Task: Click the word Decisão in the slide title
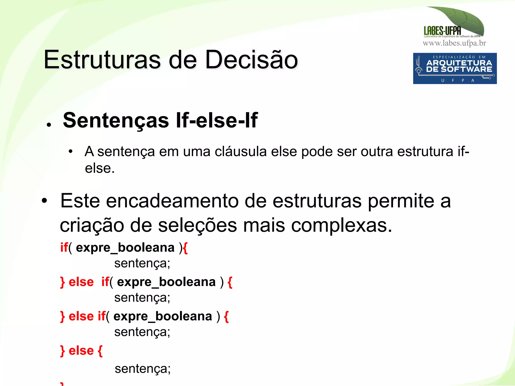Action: point(251,60)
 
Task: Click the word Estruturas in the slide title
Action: point(102,60)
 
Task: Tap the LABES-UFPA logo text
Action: point(442,31)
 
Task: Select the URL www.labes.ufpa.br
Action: point(454,43)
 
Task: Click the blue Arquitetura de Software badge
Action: point(455,68)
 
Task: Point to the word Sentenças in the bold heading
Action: point(116,121)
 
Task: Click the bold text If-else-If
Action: point(217,121)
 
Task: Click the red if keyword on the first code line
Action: point(64,248)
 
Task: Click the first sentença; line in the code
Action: point(142,263)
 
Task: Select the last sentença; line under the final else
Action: point(143,369)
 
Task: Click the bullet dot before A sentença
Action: point(71,151)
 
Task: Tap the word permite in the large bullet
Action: point(401,201)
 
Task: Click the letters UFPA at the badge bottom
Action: point(458,81)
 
